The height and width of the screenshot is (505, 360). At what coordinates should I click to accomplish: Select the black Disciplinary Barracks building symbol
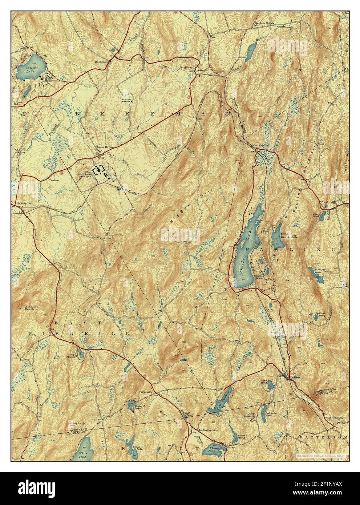[98, 170]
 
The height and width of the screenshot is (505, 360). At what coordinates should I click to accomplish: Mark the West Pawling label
[260, 145]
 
